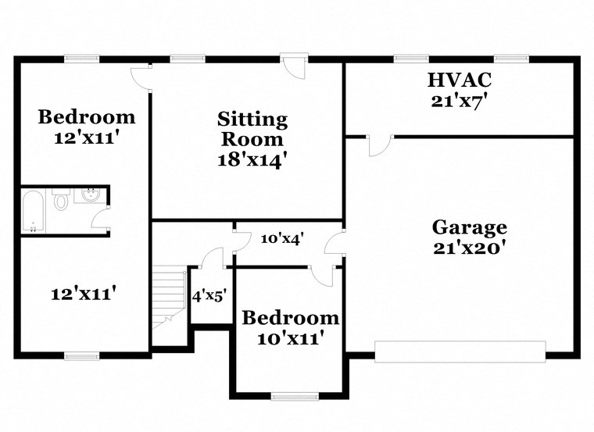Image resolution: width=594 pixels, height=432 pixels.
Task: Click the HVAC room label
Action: [460, 79]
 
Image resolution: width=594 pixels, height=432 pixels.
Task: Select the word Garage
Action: [469, 227]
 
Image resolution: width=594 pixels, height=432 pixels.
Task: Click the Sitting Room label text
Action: [252, 130]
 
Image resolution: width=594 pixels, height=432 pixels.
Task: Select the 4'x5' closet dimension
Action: [209, 296]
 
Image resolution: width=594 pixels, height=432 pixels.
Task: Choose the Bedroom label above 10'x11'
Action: [290, 318]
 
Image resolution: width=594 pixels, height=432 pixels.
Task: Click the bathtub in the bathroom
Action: [34, 211]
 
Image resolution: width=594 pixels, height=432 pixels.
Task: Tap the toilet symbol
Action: [61, 201]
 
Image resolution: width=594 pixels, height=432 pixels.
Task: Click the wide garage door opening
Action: [460, 352]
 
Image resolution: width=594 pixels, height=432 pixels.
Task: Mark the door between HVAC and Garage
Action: [381, 145]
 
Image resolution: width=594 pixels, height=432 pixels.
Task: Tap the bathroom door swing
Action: [100, 218]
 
